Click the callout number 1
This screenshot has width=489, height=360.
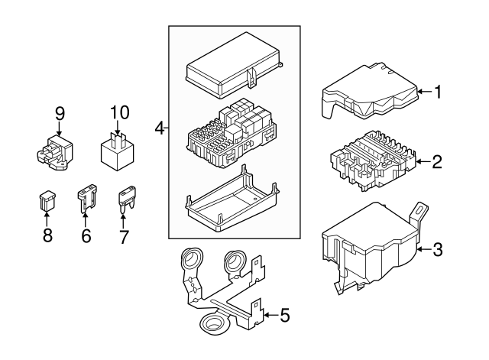[438, 92]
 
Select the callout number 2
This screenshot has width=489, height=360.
[437, 162]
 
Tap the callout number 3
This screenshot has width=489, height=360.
[438, 248]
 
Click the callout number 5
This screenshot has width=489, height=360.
[284, 313]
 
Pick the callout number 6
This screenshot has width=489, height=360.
[86, 236]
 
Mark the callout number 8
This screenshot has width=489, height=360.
[47, 236]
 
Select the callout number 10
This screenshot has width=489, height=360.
[117, 112]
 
